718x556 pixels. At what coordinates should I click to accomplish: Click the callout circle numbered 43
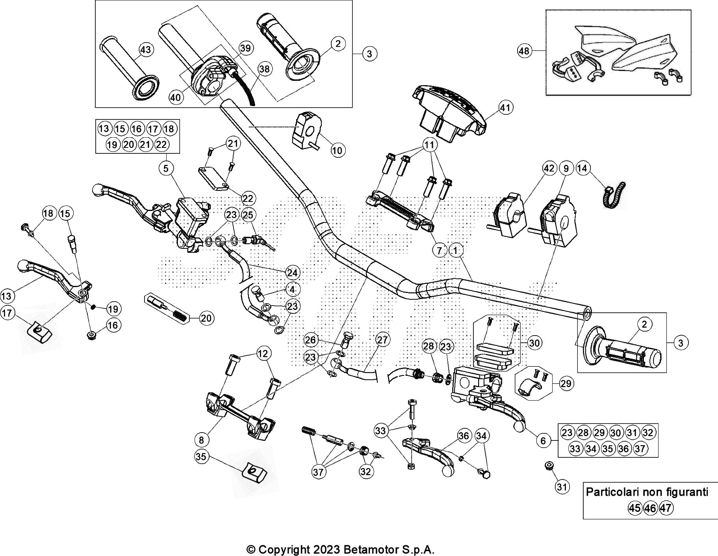coord(146,50)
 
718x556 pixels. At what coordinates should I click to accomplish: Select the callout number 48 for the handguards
coord(524,51)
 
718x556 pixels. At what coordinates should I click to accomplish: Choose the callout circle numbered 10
coord(337,150)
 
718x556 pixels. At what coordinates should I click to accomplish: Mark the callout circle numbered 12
coord(263,354)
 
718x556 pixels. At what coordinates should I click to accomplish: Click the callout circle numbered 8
coord(201,439)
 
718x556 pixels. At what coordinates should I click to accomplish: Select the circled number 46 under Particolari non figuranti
coord(650,508)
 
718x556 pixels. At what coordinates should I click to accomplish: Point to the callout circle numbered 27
coord(382,339)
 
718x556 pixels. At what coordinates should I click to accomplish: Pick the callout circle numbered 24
coord(292,272)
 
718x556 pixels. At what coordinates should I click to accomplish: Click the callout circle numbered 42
coord(549,169)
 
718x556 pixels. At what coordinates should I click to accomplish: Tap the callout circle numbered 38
coord(265,69)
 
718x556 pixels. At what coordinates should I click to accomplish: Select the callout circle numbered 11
coord(429,145)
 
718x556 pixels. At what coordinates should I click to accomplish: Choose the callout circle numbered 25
coord(248,215)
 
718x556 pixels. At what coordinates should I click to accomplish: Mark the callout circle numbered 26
coord(311,340)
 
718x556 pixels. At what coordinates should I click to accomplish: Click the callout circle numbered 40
coord(176,97)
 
